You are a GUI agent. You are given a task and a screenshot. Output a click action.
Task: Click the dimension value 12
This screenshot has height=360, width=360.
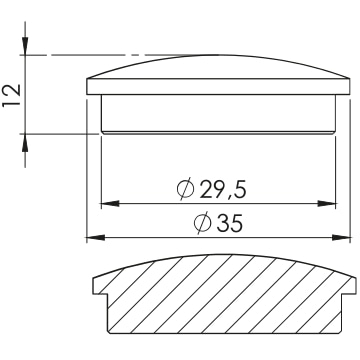click(x=11, y=95)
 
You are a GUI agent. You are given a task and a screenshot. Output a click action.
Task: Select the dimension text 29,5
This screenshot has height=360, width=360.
click(x=223, y=190)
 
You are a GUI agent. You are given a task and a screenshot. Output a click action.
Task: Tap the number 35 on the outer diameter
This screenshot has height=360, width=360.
click(x=229, y=224)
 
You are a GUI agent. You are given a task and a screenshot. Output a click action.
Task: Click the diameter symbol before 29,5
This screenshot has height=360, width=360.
click(x=185, y=190)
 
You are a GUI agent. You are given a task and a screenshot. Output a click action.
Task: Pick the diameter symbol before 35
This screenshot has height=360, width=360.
click(x=203, y=224)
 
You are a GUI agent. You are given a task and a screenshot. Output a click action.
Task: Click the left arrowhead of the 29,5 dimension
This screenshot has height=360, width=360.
click(x=110, y=203)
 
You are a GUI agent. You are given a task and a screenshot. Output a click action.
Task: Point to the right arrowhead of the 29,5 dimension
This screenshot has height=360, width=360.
click(x=326, y=203)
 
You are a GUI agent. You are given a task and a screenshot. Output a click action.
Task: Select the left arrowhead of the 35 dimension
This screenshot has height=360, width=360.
click(x=96, y=237)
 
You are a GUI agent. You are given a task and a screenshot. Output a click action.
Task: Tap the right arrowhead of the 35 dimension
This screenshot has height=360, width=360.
click(x=341, y=237)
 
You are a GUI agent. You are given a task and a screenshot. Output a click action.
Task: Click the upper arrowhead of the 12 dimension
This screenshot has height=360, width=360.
click(x=25, y=46)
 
